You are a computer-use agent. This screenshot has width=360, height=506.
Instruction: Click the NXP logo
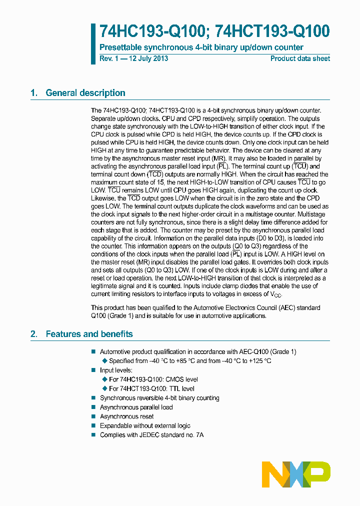(296, 471)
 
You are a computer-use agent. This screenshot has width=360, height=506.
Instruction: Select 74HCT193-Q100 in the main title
(272, 31)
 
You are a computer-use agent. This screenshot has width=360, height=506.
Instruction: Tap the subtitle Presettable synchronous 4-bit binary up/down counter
(201, 47)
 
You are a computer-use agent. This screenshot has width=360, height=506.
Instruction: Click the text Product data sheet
(300, 58)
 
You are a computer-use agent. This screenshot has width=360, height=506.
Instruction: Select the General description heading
(85, 93)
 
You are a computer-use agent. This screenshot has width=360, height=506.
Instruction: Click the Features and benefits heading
(89, 334)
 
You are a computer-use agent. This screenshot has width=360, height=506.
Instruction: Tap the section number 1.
(33, 93)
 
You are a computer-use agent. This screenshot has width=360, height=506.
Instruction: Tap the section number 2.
(33, 334)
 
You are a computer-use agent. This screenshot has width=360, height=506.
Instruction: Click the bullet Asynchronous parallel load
(136, 407)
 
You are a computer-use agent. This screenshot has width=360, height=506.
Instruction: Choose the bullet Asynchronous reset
(126, 416)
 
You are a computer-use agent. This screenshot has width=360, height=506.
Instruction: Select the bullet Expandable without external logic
(145, 426)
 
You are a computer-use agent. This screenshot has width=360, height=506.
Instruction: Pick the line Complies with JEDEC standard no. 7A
(151, 435)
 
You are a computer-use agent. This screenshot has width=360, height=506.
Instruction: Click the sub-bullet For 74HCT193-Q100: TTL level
(151, 388)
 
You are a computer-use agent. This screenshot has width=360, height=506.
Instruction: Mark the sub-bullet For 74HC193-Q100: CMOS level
(153, 379)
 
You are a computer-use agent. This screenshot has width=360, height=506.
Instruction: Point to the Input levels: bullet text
(116, 370)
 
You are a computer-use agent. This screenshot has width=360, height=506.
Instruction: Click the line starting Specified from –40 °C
(190, 361)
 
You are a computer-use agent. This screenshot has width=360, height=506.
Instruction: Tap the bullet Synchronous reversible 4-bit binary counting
(159, 398)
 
